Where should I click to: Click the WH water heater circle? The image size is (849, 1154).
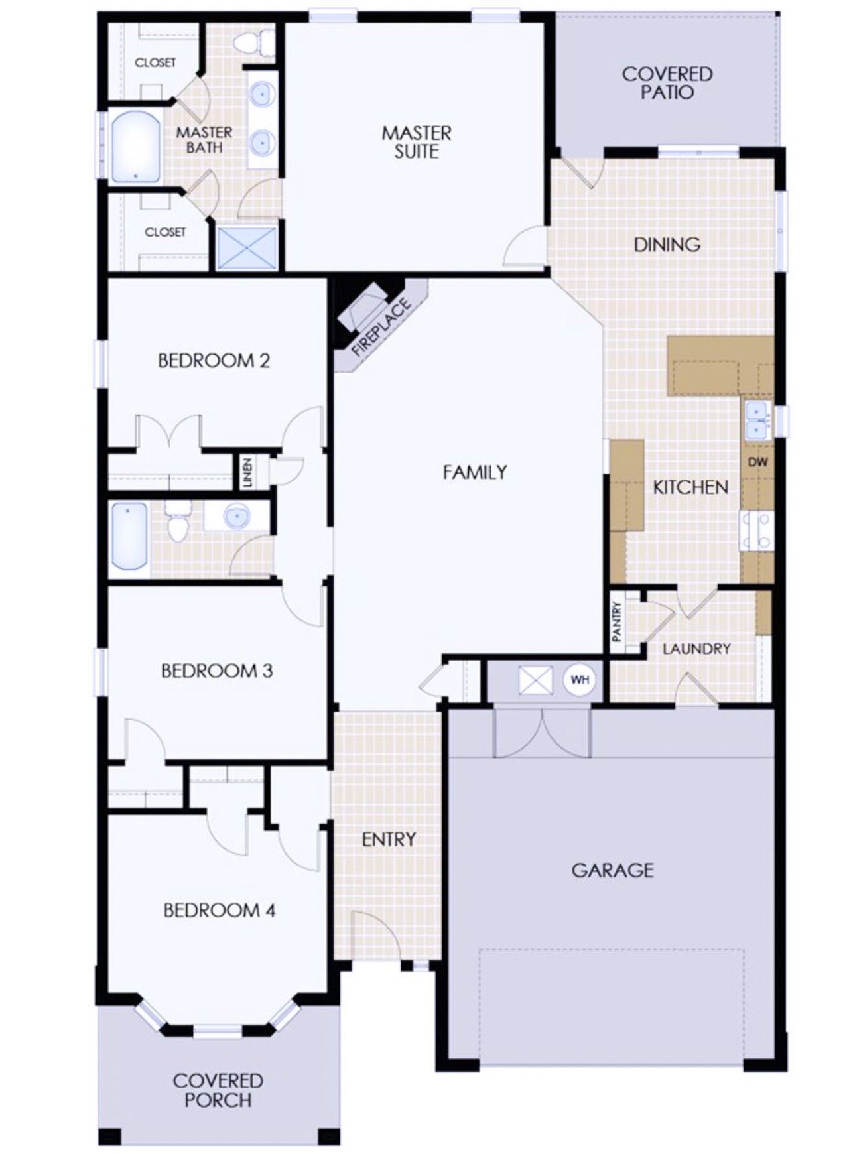(x=580, y=680)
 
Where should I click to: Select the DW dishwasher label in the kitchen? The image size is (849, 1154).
(x=757, y=462)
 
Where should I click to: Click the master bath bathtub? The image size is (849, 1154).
(x=136, y=147)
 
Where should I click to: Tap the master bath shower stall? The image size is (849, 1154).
(x=247, y=248)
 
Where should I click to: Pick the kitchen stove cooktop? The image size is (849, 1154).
(x=757, y=531)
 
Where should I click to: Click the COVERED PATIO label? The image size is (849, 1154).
(x=667, y=83)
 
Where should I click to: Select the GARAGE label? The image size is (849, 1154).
(x=612, y=869)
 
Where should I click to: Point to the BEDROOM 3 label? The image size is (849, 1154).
(x=217, y=671)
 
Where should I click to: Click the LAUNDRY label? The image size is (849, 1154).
(x=696, y=649)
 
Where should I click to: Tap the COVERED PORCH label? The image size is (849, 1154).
(x=218, y=1090)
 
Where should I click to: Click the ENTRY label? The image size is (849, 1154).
(x=389, y=839)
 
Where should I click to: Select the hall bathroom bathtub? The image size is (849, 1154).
(x=129, y=536)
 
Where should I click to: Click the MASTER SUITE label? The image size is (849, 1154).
(x=417, y=142)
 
